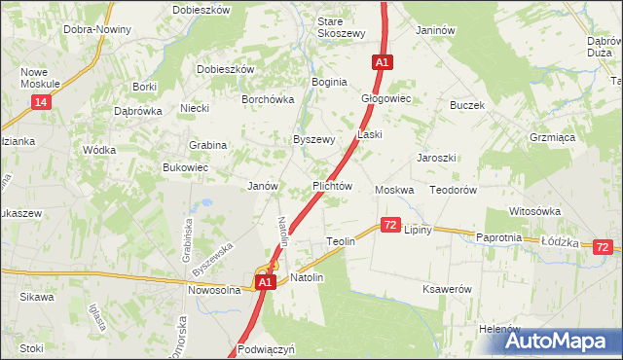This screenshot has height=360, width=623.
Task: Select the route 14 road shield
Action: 40,102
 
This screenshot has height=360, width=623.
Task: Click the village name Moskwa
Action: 394,190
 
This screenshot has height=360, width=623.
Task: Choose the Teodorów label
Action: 453,190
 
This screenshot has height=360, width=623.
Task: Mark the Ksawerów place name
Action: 447,290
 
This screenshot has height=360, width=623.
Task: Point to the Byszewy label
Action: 314,139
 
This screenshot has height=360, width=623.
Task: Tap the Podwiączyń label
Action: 265,348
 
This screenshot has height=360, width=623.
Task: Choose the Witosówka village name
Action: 534,211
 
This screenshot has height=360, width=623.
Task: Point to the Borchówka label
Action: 267,98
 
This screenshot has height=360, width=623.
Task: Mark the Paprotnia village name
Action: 499,237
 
